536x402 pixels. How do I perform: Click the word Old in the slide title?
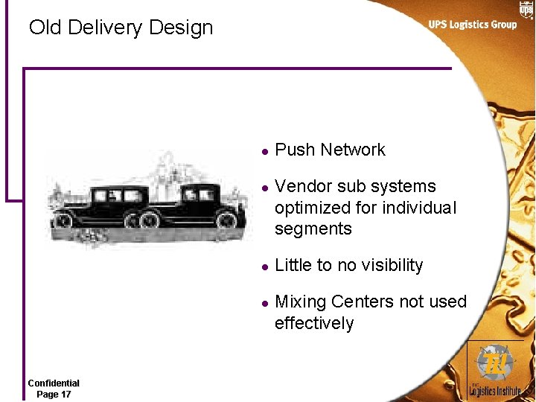point(45,28)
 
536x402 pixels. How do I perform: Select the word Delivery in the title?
point(104,28)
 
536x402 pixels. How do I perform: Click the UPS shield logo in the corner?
point(526,9)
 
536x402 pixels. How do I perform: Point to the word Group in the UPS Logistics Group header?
point(502,25)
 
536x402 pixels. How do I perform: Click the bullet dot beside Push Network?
point(264,150)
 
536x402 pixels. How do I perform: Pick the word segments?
point(313,229)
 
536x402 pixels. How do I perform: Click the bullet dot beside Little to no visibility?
point(264,266)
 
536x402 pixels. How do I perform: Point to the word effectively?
point(314,323)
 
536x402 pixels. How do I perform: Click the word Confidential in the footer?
point(54,383)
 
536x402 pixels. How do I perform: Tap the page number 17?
point(65,394)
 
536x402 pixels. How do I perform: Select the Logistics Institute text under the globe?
point(495,390)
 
